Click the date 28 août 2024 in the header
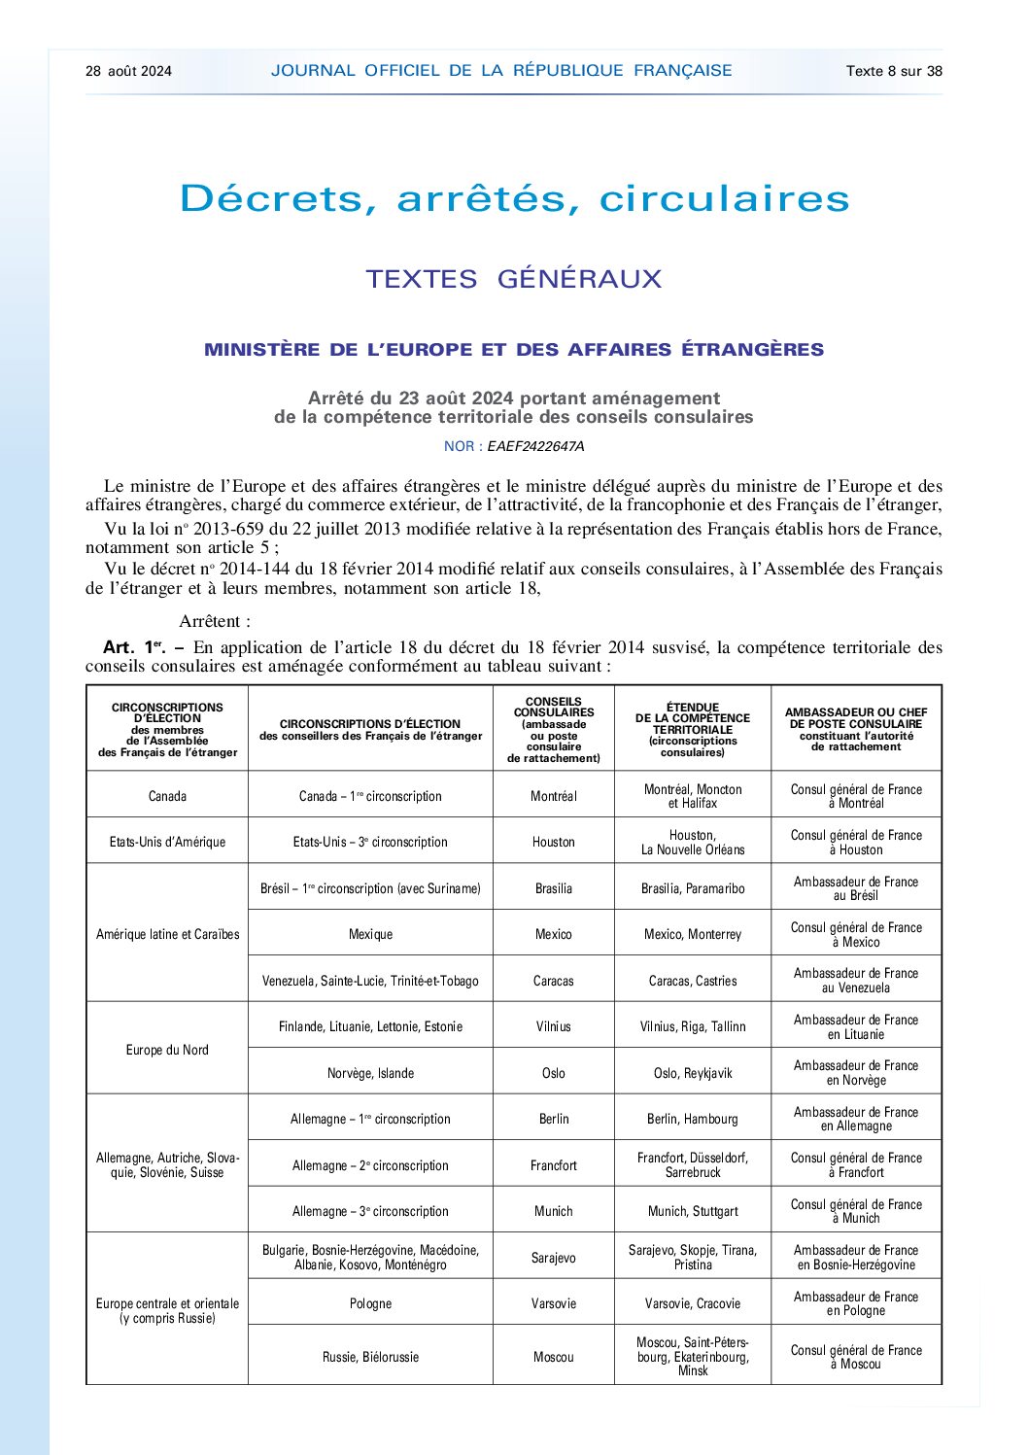pyautogui.click(x=128, y=71)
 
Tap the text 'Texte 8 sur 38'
pyautogui.click(x=894, y=71)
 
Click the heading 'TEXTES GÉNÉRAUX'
pyautogui.click(x=513, y=279)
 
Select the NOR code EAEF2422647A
pyautogui.click(x=535, y=446)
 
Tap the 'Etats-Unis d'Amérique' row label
pyautogui.click(x=167, y=842)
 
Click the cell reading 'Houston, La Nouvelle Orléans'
pyautogui.click(x=693, y=842)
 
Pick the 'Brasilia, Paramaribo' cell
pyautogui.click(x=693, y=888)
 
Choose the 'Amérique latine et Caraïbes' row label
pyautogui.click(x=167, y=934)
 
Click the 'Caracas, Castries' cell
pyautogui.click(x=693, y=981)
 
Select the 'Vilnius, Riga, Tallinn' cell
pyautogui.click(x=693, y=1026)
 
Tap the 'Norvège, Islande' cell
pyautogui.click(x=370, y=1073)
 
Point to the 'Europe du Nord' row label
pyautogui.click(x=167, y=1050)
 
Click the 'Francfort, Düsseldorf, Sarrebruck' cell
pyautogui.click(x=693, y=1165)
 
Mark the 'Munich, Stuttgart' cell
pyautogui.click(x=693, y=1211)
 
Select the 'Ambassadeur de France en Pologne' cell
pyautogui.click(x=856, y=1303)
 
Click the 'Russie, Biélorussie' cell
pyautogui.click(x=370, y=1357)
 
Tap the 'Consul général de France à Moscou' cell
pyautogui.click(x=856, y=1357)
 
